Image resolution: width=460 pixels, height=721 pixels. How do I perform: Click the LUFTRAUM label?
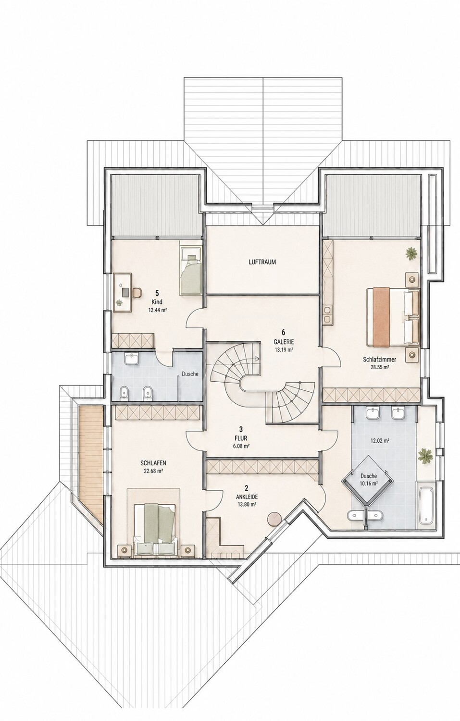262,262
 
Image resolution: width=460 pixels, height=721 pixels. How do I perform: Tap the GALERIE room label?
284,342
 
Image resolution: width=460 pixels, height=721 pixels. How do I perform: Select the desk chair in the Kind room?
137,292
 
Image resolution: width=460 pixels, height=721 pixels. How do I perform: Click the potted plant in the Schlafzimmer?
411,253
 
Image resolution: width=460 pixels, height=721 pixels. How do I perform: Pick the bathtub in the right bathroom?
426,508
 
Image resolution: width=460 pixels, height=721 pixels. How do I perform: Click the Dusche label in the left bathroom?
190,374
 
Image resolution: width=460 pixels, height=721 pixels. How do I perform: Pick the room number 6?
284,333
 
